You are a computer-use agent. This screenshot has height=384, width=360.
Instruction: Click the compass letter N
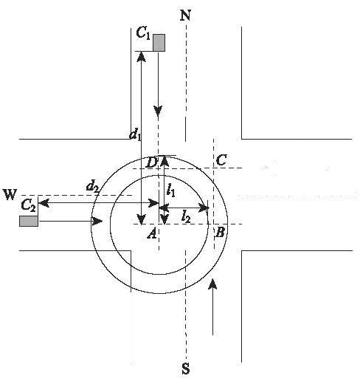(186, 16)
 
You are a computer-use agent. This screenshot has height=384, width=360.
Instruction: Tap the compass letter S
(186, 368)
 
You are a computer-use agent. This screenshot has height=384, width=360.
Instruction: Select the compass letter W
(10, 194)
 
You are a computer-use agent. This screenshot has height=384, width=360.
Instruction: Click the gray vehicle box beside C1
(159, 43)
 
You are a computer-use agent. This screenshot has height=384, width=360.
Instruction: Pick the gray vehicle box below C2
(29, 221)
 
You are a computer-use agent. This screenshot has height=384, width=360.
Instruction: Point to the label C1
(143, 33)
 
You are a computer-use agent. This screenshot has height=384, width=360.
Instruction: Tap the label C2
(29, 205)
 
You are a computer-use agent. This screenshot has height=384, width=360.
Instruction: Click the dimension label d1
(135, 135)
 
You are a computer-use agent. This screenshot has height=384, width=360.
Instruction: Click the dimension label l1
(171, 191)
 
